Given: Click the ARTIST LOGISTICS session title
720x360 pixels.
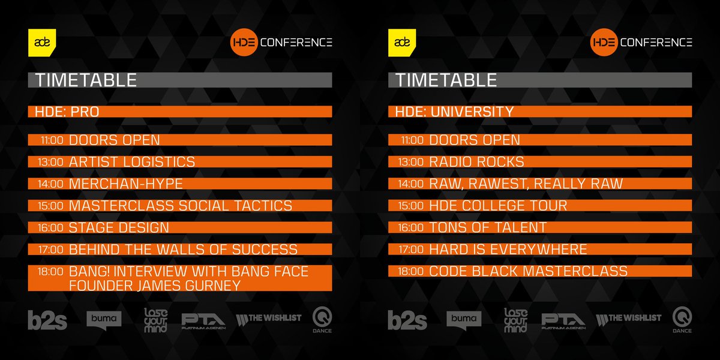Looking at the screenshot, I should point(132,162).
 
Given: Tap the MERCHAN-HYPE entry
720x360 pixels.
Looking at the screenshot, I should point(126,184).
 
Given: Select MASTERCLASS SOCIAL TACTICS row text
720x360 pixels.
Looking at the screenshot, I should point(181,206).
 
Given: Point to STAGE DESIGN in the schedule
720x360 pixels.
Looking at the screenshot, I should point(119,227).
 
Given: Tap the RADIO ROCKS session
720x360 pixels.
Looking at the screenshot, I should point(476,162).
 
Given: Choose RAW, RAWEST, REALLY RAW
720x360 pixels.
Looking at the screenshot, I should point(526,184).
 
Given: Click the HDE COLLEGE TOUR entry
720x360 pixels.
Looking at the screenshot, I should point(498,206).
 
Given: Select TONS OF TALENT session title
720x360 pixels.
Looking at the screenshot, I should point(488,227).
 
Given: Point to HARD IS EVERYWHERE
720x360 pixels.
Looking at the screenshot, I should point(508,250).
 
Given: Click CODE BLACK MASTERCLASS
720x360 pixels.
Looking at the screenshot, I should point(528,271).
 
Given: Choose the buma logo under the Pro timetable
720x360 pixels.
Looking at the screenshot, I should point(104,319).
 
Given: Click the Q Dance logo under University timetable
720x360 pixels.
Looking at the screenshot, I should point(682,320).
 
